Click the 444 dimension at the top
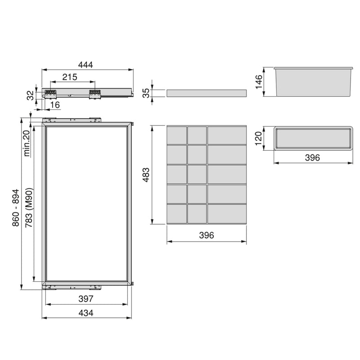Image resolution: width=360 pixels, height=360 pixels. pos(85,65)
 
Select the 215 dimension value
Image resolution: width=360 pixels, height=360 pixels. pos(70,77)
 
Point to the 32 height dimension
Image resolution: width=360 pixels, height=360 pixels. pos(30,95)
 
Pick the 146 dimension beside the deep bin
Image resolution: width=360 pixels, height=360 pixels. pos(259,82)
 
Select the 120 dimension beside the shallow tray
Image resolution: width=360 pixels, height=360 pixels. pos(258,137)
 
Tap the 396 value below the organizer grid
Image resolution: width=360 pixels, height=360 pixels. pos(206,235)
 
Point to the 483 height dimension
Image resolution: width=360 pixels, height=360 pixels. pos(146,174)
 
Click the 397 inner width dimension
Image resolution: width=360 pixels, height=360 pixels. pos(85,298)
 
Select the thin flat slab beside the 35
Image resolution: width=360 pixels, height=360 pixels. pos(207,93)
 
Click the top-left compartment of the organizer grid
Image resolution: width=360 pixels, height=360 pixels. pos(176,135)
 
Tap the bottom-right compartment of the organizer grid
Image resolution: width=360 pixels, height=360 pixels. pos(227,213)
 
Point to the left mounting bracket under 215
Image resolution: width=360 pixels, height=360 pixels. pos(50,93)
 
